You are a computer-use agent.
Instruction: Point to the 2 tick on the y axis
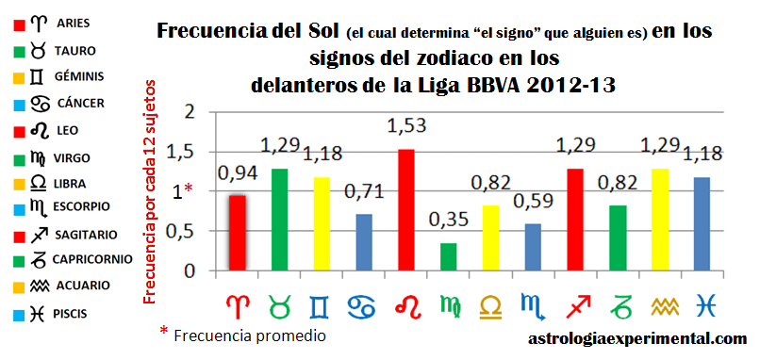(x=190, y=112)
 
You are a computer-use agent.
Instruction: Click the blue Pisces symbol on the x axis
(x=703, y=303)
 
